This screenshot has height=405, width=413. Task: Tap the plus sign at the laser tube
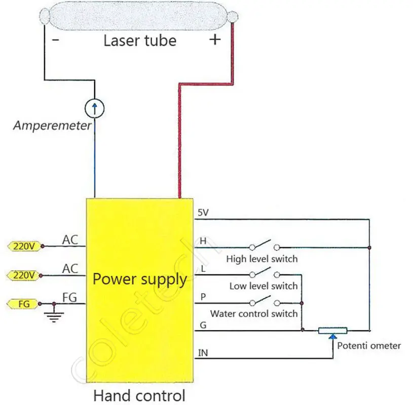215,39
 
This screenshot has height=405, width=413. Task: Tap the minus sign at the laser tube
56,40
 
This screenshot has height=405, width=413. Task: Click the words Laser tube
140,41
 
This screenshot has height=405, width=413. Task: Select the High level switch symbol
264,245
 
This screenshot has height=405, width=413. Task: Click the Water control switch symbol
264,301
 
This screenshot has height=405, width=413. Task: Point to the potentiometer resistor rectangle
332,331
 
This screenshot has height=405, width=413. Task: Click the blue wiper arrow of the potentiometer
333,336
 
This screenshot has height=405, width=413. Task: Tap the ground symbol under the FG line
54,316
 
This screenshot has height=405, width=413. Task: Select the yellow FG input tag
23,304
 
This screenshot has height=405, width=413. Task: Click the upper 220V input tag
24,247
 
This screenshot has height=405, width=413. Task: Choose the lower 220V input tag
24,275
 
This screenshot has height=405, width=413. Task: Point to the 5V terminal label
203,213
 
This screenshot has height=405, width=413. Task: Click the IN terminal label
203,353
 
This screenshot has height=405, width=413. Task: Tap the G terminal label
203,325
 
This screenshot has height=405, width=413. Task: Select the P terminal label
203,297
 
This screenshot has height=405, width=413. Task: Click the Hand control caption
139,395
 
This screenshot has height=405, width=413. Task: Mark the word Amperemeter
52,126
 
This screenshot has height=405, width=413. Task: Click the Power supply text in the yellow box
140,279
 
